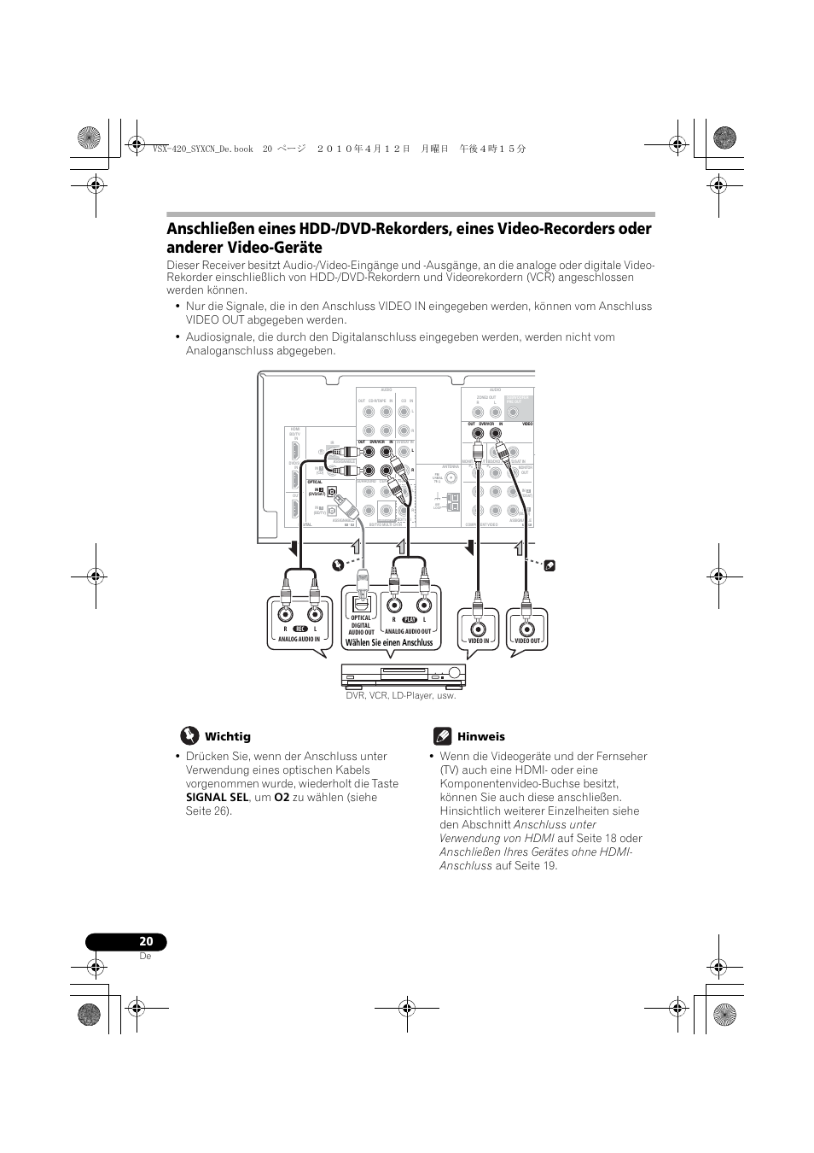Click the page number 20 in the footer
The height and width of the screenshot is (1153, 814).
[x=146, y=941]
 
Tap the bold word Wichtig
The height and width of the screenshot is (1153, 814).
[x=227, y=736]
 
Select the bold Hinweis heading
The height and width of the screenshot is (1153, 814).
[x=480, y=736]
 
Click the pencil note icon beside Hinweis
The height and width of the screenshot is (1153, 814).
[x=442, y=735]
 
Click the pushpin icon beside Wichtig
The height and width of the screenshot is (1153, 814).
[x=189, y=735]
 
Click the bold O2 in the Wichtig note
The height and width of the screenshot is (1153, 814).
[x=281, y=797]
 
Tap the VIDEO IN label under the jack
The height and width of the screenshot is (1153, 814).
[x=479, y=641]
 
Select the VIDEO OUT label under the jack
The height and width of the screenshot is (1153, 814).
[x=527, y=641]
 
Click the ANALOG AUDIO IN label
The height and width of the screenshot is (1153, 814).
[x=299, y=639]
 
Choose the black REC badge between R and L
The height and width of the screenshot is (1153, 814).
[x=299, y=629]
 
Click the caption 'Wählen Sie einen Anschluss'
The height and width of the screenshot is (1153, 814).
[x=388, y=642]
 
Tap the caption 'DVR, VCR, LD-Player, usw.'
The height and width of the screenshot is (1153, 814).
[x=400, y=695]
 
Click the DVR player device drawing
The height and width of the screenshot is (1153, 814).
[x=404, y=676]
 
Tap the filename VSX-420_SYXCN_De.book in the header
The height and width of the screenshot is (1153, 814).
[x=201, y=148]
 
